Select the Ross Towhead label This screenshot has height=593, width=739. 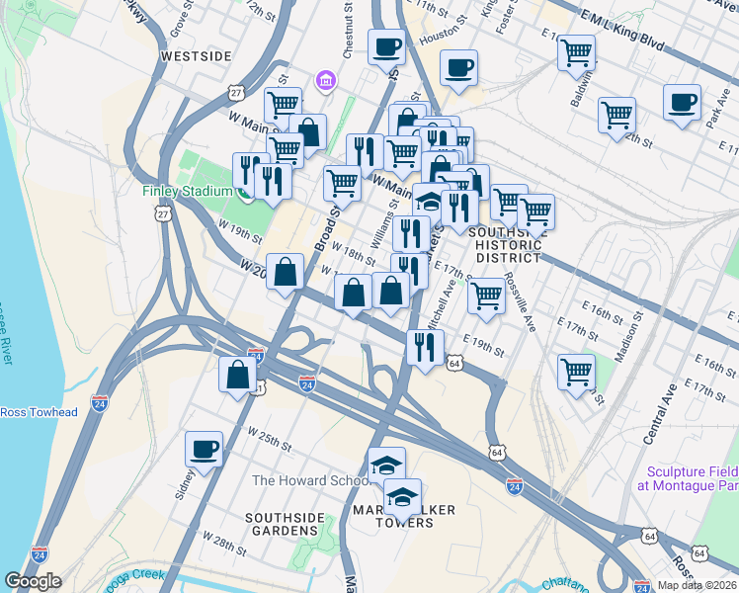[38, 412]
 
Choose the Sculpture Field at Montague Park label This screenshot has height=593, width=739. [693, 479]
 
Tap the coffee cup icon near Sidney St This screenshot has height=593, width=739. [204, 449]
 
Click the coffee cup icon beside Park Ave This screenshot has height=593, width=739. [682, 102]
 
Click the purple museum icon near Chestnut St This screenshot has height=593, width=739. [323, 79]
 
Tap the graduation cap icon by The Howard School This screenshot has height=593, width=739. [386, 464]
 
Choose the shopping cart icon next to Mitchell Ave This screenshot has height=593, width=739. [485, 295]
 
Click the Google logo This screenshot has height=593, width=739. [33, 581]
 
